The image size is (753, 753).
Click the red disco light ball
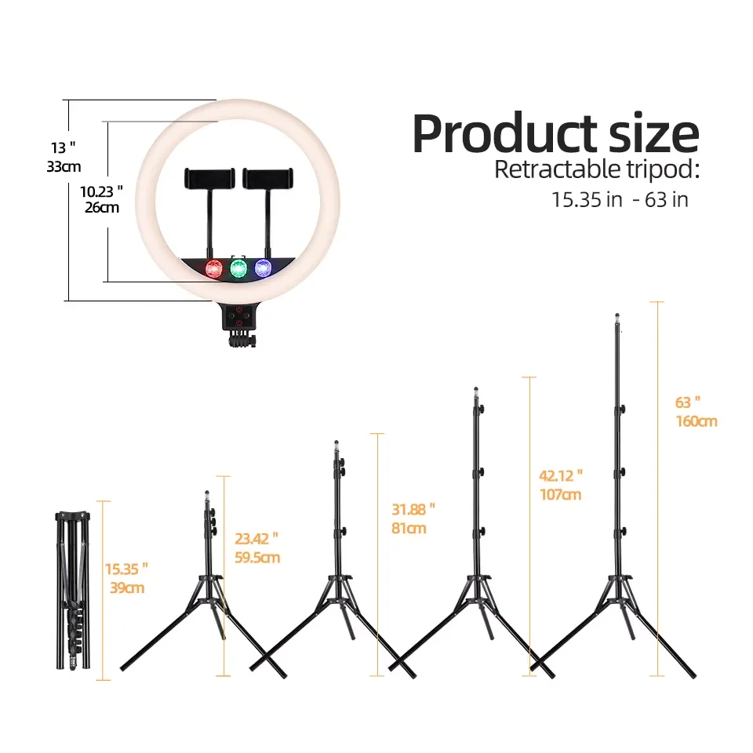point(214,269)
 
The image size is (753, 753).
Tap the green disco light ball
point(238,268)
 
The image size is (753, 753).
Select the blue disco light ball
point(264,268)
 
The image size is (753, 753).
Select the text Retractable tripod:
point(597,169)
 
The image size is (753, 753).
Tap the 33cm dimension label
point(64,166)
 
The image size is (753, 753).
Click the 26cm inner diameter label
point(102,207)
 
